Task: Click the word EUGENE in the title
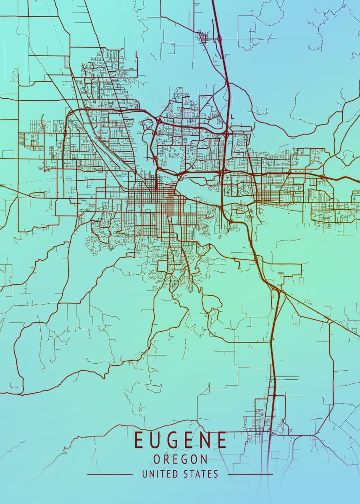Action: click(x=181, y=440)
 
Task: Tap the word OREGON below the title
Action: click(x=181, y=459)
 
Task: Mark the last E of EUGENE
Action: click(x=222, y=440)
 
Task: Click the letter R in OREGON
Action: click(x=167, y=459)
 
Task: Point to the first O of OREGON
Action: click(x=157, y=459)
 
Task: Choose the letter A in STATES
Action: click(x=200, y=474)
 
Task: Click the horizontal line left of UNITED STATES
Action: click(x=110, y=474)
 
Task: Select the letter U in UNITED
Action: click(x=145, y=474)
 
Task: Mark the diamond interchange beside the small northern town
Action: click(x=219, y=39)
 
